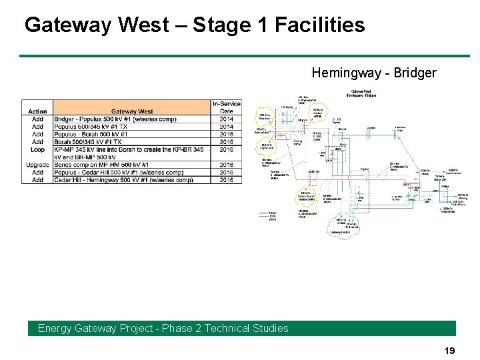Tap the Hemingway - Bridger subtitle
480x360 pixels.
(x=373, y=73)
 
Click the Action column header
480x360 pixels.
(x=37, y=111)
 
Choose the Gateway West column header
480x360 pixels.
(x=132, y=111)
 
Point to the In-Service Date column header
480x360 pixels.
(x=227, y=107)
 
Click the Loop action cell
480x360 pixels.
(x=37, y=149)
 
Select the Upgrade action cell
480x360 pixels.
(x=37, y=165)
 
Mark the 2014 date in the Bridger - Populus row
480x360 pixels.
(x=227, y=119)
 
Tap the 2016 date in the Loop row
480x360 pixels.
(x=227, y=149)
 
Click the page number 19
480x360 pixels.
(x=450, y=350)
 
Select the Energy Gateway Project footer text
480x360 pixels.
(x=163, y=328)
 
